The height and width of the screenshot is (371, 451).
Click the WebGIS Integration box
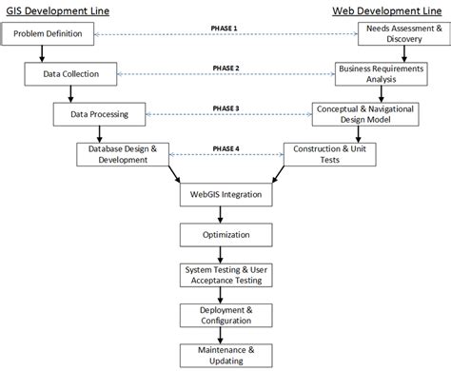(225, 195)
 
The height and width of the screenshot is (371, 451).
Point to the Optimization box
(225, 235)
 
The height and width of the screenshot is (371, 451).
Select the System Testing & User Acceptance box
(225, 275)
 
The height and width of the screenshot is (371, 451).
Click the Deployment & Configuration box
(225, 314)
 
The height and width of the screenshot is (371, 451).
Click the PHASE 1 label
(225, 29)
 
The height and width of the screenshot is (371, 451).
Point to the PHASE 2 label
(225, 68)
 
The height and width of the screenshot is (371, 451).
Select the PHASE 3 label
(225, 107)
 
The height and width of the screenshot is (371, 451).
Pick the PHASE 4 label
(225, 147)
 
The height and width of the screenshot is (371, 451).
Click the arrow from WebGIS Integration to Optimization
(225, 215)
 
